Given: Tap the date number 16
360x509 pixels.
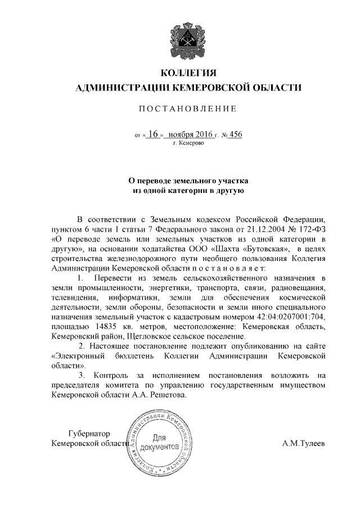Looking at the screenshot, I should (x=154, y=135).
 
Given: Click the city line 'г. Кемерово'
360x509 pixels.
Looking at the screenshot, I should (x=188, y=144).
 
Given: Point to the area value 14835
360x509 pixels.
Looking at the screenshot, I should (x=101, y=326).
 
